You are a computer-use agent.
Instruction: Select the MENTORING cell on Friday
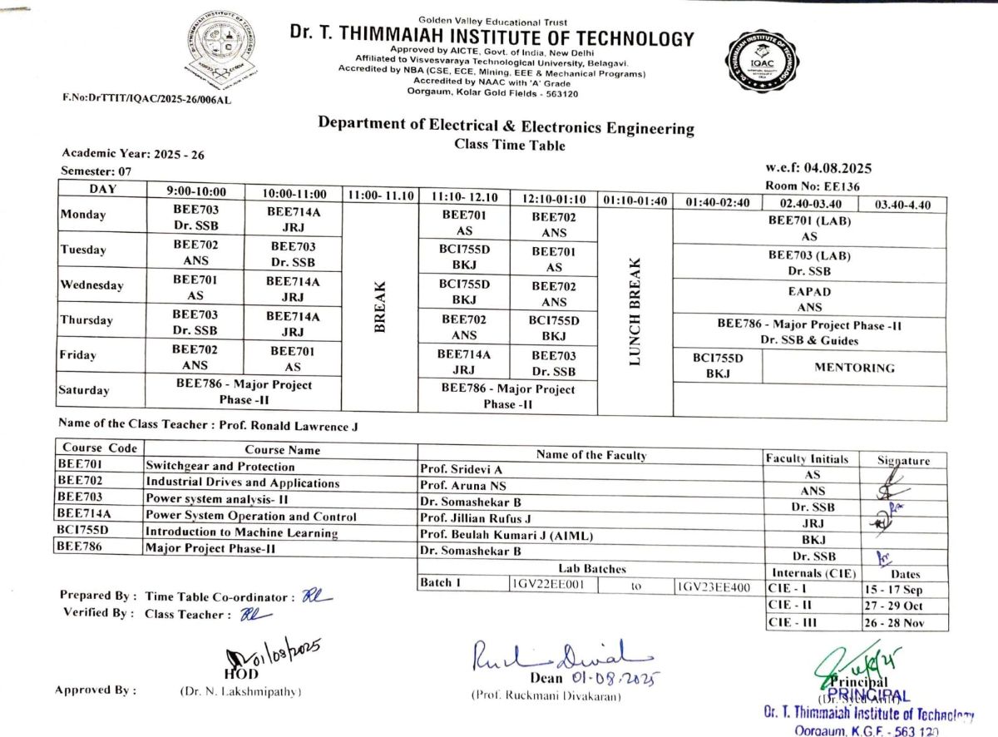(854, 368)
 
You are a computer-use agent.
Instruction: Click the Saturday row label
(84, 390)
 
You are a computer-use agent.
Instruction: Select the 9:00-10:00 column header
(196, 192)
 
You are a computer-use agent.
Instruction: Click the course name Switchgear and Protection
(220, 467)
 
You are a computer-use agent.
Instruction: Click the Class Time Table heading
(509, 146)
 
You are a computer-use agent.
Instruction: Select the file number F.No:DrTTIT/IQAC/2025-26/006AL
(146, 98)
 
